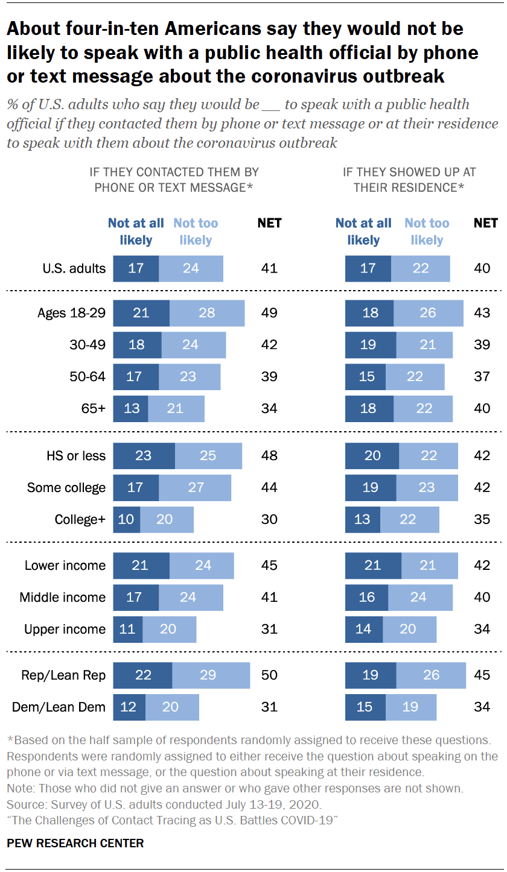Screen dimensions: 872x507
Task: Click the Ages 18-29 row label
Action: pos(71,313)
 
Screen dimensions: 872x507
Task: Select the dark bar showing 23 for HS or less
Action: pos(144,456)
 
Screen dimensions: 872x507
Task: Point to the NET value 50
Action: pos(269,675)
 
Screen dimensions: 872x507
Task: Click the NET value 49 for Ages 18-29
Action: pos(269,313)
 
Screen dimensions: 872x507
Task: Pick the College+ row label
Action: pos(80,519)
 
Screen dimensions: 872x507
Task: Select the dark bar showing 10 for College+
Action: pos(127,519)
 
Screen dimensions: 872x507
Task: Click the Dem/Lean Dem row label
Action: pos(59,707)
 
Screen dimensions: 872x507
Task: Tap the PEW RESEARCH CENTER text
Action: pos(75,843)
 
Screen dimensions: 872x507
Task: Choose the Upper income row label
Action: pos(65,629)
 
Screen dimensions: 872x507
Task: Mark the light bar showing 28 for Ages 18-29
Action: pos(207,313)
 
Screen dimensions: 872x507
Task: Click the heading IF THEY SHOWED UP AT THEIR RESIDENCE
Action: pos(409,180)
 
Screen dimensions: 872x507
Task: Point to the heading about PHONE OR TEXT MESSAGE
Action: pos(174,180)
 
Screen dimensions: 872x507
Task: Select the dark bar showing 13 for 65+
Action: pos(130,408)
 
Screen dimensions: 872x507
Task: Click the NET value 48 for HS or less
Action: pos(269,456)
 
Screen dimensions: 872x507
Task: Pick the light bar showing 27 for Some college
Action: pos(195,487)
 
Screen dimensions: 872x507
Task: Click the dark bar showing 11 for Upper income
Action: pos(128,629)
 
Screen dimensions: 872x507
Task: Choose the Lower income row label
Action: pos(65,566)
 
